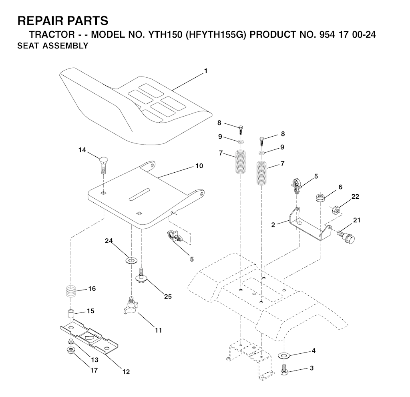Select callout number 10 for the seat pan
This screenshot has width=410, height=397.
pos(199,166)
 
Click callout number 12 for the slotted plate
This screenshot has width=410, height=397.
pos(126,372)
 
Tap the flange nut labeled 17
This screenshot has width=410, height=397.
pos(70,350)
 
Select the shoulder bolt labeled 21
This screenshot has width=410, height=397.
pos(346,236)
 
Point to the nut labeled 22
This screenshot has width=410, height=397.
pos(336,210)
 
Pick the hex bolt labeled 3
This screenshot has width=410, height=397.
pos(284,369)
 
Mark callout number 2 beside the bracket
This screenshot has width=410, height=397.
pos(273,225)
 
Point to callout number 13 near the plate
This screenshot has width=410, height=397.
pos(94,360)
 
